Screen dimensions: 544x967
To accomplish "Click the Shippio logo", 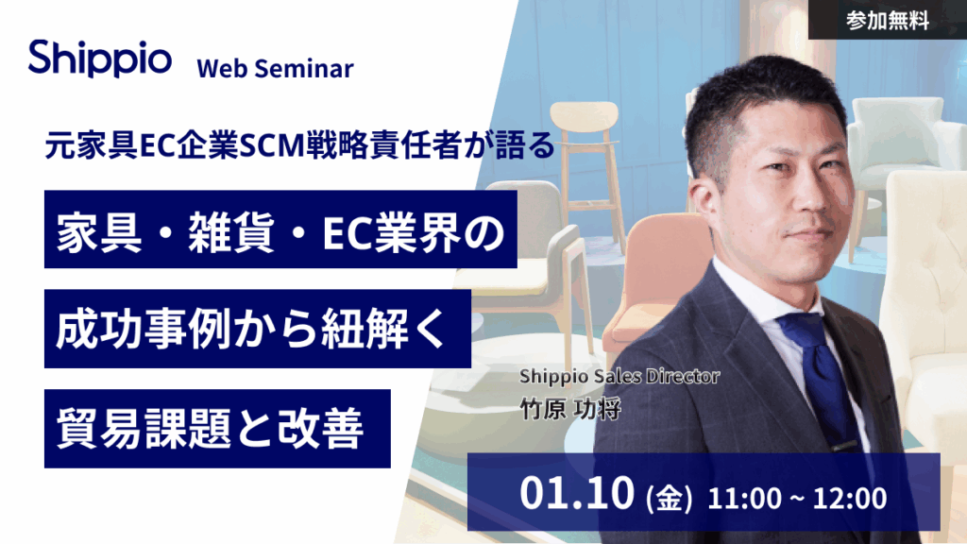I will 99,58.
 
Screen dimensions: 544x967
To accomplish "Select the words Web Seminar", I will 275,69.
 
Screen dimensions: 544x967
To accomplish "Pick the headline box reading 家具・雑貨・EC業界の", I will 280,229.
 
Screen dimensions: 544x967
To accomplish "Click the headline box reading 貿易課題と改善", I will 217,428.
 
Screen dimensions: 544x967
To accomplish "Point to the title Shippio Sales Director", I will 619,376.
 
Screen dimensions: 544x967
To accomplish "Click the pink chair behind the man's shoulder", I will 652,283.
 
